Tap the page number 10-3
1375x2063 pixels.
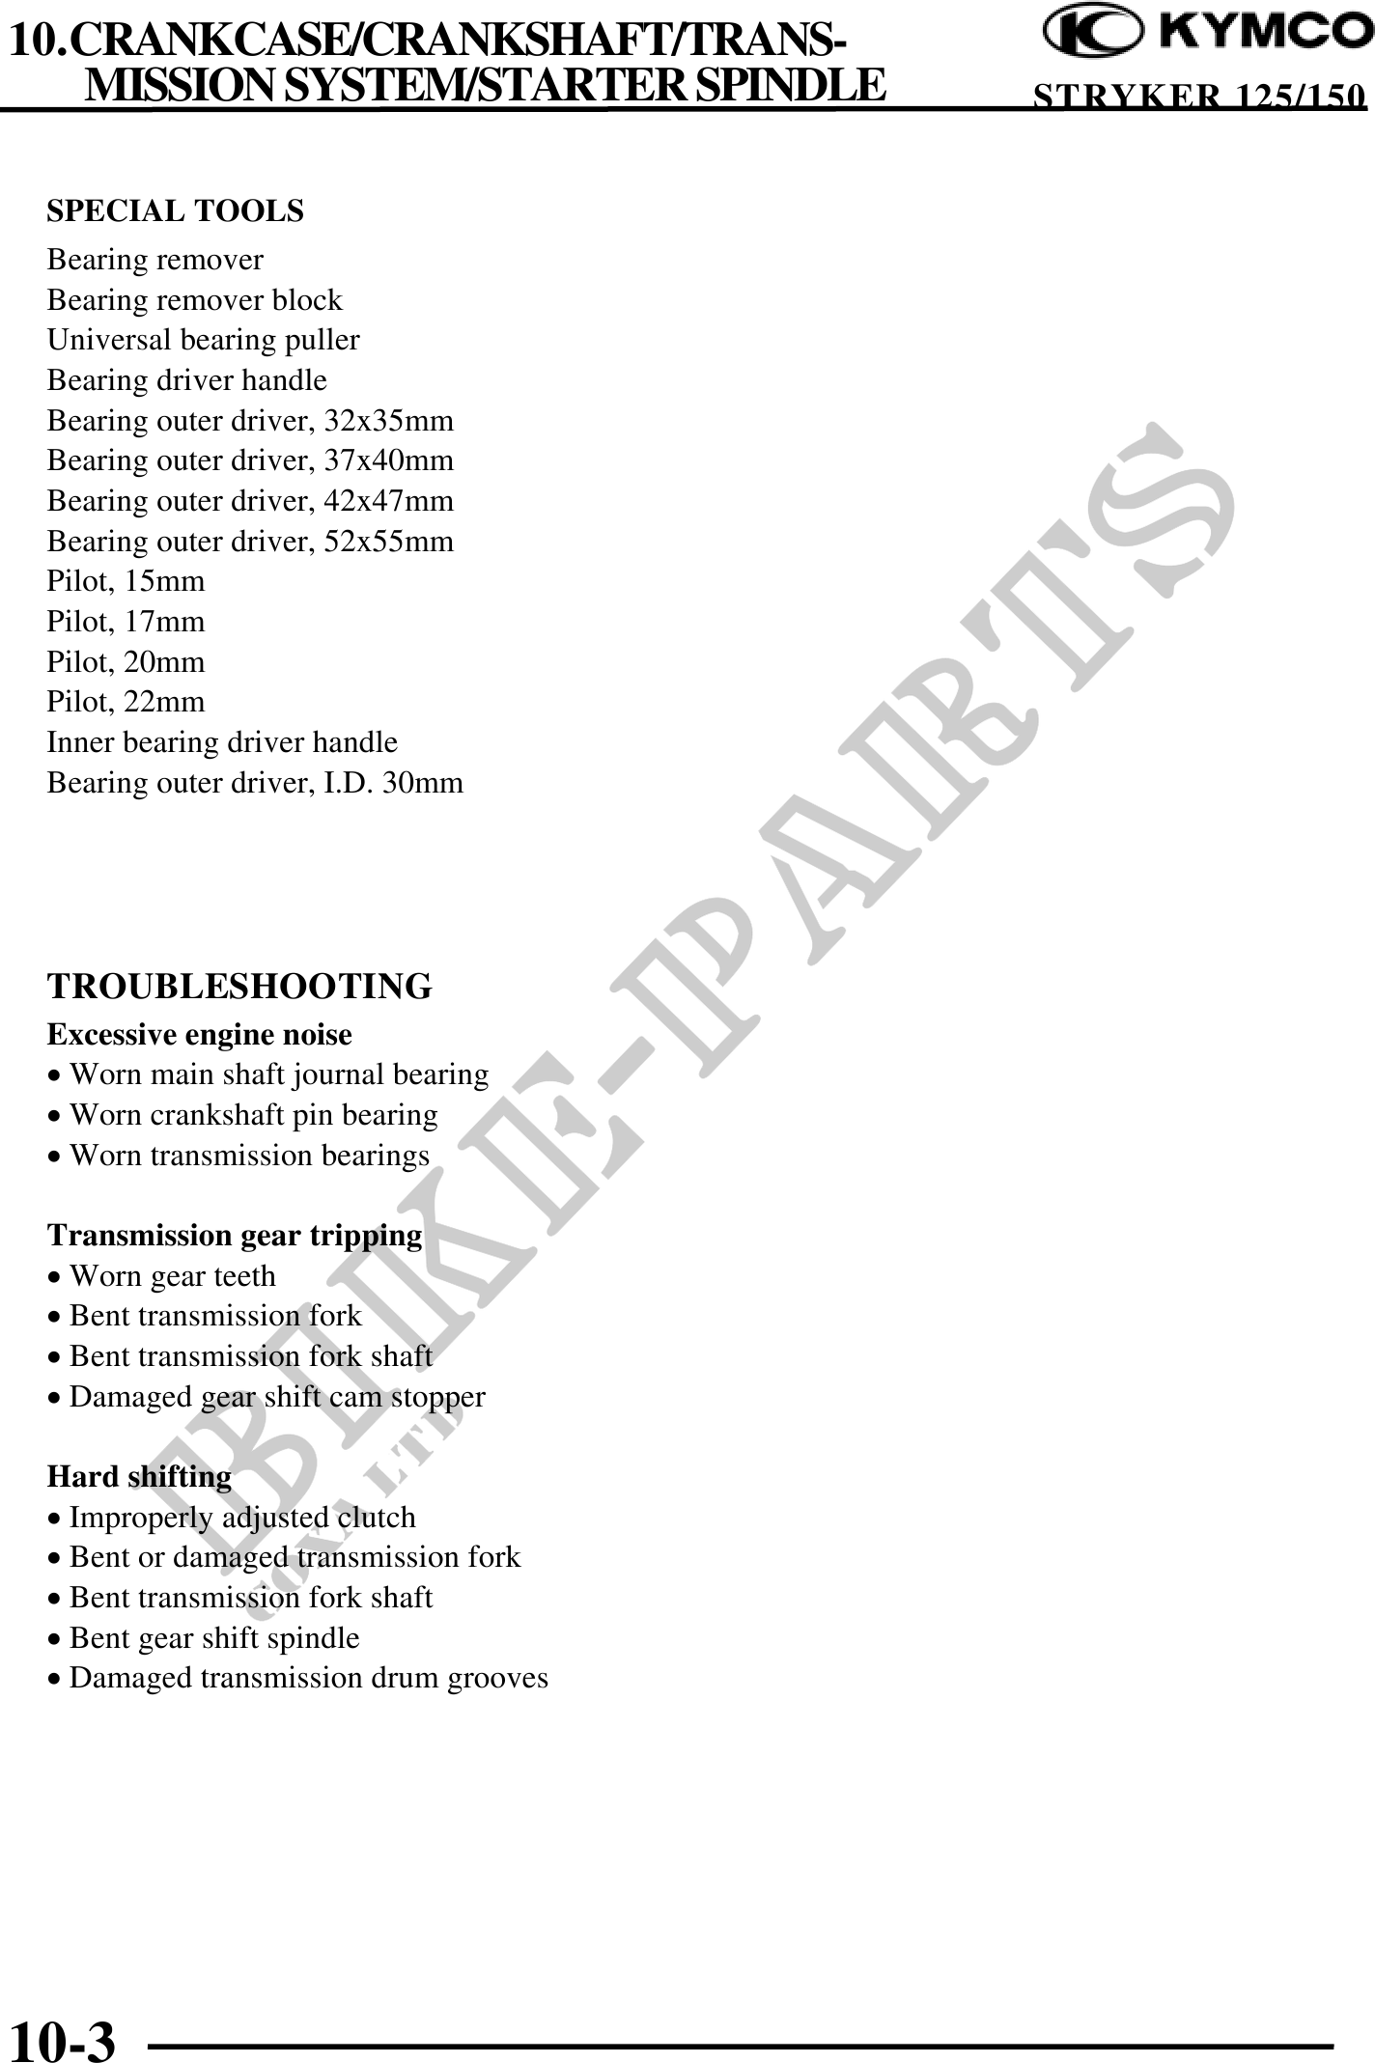(x=62, y=2039)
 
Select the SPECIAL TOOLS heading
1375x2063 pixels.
(x=175, y=210)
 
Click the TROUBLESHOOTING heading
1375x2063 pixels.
(x=239, y=987)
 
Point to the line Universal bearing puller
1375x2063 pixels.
(x=203, y=340)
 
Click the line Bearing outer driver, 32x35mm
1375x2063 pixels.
(x=250, y=421)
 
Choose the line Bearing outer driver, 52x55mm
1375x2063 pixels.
(x=250, y=542)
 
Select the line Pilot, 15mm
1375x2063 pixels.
(x=126, y=581)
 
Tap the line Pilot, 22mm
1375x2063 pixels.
(x=126, y=702)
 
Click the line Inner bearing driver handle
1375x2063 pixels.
(x=222, y=742)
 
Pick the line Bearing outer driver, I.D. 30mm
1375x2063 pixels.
(x=255, y=783)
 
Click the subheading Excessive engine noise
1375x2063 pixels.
(x=199, y=1035)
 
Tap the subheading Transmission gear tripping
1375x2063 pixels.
(x=235, y=1236)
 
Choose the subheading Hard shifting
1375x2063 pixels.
(x=139, y=1477)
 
